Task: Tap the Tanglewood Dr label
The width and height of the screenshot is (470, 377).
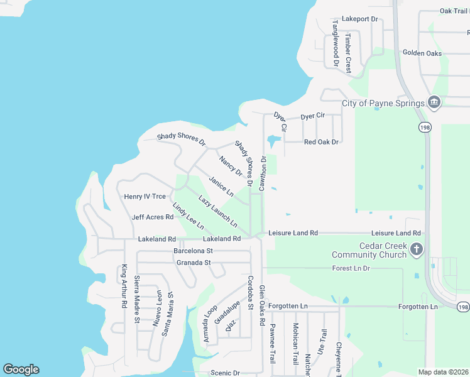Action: (x=336, y=43)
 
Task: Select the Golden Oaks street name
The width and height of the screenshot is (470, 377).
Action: (x=422, y=53)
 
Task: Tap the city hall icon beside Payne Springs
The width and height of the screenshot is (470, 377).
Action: (x=434, y=102)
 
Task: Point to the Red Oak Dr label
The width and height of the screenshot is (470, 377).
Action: (x=321, y=142)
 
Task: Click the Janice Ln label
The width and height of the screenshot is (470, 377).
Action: (x=221, y=185)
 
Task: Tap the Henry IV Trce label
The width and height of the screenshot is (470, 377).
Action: (x=145, y=197)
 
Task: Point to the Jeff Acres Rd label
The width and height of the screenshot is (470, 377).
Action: (x=152, y=217)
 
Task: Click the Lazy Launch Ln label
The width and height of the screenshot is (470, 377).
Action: (x=218, y=211)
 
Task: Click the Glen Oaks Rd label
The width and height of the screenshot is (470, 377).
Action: (x=262, y=304)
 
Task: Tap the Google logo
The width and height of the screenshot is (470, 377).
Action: (x=21, y=369)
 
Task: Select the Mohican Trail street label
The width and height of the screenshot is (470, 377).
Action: (x=295, y=344)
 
